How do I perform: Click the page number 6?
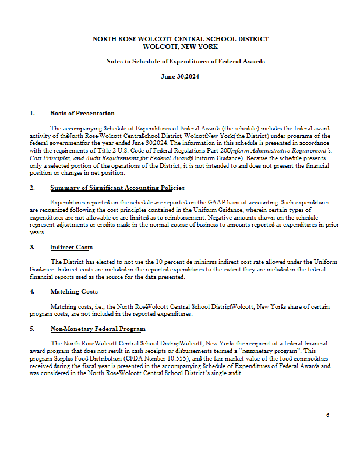(328, 415)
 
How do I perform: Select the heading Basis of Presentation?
(82, 113)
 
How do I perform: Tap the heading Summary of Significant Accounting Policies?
(117, 188)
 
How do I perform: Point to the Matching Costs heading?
(74, 291)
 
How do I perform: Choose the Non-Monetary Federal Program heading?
(98, 329)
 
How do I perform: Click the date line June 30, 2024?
(180, 76)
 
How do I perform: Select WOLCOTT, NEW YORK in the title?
(180, 46)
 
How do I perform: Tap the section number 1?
(32, 113)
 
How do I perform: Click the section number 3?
(32, 247)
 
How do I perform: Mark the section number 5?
(32, 329)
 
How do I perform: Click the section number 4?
(32, 291)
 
